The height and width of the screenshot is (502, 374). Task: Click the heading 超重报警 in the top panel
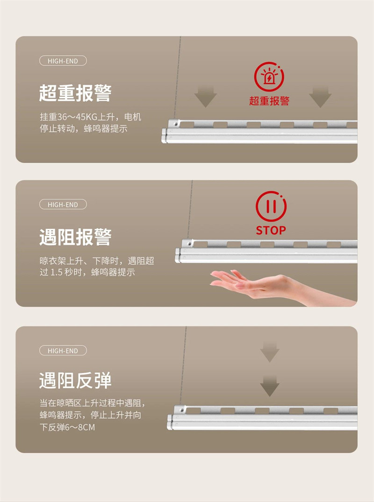click(75, 93)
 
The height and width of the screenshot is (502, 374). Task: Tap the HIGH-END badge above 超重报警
click(63, 61)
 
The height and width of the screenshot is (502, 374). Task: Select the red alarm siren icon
click(269, 77)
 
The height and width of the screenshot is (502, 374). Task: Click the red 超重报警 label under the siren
click(269, 101)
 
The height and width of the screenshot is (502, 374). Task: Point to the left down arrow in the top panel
click(205, 97)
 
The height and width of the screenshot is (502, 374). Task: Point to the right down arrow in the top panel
click(320, 97)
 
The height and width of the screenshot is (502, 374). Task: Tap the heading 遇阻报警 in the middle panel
click(75, 237)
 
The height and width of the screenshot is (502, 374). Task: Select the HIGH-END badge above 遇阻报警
click(63, 205)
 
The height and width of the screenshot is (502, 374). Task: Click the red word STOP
click(271, 230)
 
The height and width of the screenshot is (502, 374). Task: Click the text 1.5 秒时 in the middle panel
click(66, 272)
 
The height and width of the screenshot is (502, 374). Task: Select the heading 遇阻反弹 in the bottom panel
click(75, 381)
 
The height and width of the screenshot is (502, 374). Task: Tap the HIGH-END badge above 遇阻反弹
click(63, 351)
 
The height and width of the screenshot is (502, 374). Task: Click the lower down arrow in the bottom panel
click(270, 386)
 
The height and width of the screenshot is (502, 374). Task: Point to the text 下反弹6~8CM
click(67, 427)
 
